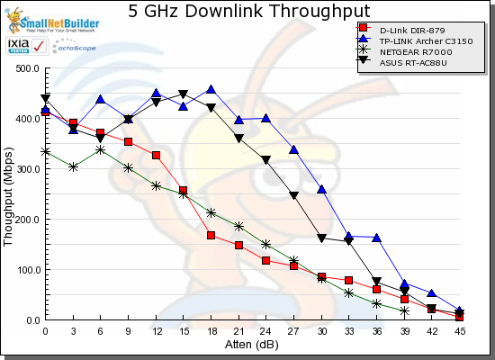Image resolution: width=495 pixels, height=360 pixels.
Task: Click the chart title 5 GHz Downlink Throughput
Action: (x=242, y=12)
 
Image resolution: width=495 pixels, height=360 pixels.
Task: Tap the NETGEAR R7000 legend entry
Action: (x=409, y=51)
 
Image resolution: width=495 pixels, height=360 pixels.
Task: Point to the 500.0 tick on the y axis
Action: (x=26, y=68)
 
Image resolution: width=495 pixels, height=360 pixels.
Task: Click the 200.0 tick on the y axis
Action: (x=26, y=220)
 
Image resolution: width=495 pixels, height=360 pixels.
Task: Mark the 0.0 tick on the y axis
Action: (x=31, y=320)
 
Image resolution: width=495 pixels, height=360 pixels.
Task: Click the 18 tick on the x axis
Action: (x=211, y=331)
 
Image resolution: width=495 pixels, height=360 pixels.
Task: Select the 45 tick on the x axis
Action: (x=459, y=331)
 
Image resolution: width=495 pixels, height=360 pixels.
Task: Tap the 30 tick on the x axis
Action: (x=321, y=331)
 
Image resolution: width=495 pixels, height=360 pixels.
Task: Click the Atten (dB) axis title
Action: (x=252, y=345)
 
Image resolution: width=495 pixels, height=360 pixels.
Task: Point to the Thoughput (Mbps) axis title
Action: (x=8, y=194)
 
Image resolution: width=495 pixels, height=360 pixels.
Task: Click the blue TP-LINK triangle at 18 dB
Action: (x=211, y=90)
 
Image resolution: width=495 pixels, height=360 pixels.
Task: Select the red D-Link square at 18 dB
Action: (x=211, y=236)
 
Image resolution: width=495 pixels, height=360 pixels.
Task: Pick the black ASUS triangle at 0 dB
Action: (x=45, y=99)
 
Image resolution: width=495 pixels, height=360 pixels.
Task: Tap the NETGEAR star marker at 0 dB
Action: (x=45, y=152)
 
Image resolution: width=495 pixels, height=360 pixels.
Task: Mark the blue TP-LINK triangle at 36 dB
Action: (x=376, y=238)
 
